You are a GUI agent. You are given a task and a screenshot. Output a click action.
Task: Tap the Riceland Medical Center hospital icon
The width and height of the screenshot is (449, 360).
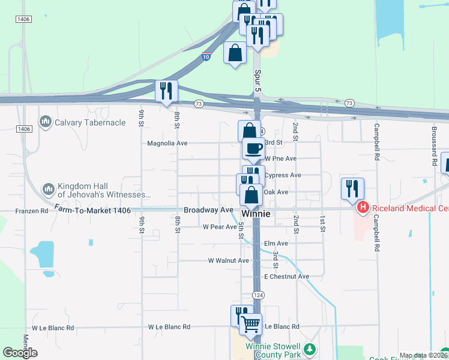[363, 208]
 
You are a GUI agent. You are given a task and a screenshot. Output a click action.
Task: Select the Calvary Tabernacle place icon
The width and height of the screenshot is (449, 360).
[46, 123]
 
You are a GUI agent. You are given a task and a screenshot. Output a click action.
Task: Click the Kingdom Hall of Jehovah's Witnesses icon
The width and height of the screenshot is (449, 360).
[49, 190]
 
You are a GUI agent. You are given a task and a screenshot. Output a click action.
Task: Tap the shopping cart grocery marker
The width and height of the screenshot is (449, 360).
[251, 325]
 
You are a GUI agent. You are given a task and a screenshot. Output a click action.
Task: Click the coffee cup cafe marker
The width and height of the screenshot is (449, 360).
[253, 148]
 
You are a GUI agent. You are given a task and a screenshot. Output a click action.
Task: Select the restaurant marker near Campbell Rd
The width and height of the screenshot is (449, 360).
[352, 188]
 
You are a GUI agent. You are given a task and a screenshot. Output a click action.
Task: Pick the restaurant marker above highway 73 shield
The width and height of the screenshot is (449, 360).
[166, 91]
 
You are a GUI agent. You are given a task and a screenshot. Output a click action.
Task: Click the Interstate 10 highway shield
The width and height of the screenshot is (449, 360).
[206, 57]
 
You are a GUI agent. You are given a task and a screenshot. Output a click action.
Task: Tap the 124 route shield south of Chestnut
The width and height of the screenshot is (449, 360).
[258, 295]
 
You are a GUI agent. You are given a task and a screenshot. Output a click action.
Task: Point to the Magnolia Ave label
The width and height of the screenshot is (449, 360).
[167, 143]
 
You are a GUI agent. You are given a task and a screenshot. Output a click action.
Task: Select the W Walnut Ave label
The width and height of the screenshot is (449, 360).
[228, 261]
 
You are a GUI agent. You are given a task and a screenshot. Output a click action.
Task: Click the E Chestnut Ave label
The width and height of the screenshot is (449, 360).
[286, 277]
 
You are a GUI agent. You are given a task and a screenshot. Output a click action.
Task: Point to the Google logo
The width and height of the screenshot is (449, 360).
[20, 353]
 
